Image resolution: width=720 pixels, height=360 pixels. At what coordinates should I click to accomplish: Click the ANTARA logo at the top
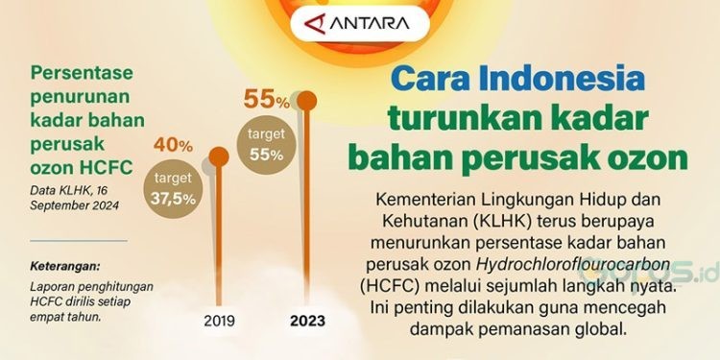click(x=360, y=23)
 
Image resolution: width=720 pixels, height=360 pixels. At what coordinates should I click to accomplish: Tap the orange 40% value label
click(x=173, y=146)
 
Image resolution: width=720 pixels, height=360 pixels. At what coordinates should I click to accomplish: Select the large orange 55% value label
click(x=266, y=99)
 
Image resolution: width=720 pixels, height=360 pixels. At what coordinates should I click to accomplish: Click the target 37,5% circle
click(x=173, y=189)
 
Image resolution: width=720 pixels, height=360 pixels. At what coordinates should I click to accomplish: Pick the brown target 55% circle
click(x=266, y=145)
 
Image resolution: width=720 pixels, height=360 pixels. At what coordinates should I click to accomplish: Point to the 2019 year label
click(x=219, y=321)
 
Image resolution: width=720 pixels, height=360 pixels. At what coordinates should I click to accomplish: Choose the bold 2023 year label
click(x=307, y=321)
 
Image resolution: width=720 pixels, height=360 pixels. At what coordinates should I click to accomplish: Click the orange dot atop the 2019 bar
click(x=219, y=157)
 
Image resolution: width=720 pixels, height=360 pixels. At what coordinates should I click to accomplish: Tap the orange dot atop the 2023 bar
click(x=307, y=101)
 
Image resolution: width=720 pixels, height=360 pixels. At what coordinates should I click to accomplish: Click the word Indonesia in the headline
click(x=562, y=79)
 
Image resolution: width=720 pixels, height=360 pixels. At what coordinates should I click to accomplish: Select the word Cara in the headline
click(x=430, y=79)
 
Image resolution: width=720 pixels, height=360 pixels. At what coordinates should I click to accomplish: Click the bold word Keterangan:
click(x=64, y=266)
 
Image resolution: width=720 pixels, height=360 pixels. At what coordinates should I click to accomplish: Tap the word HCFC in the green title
click(x=106, y=169)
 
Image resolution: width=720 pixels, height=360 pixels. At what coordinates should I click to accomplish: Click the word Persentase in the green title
click(x=82, y=73)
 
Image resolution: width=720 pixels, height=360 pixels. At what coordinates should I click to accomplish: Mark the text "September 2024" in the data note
click(x=74, y=205)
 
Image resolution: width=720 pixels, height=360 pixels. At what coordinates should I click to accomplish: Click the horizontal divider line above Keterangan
click(x=79, y=240)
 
